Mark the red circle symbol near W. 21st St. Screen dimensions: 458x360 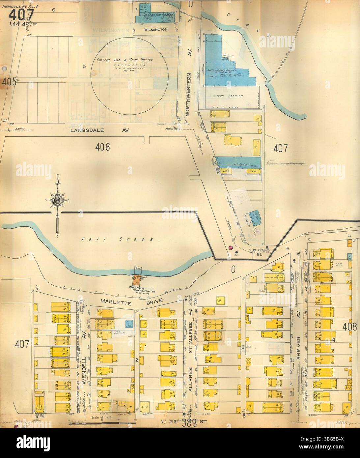click(x=231, y=247)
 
